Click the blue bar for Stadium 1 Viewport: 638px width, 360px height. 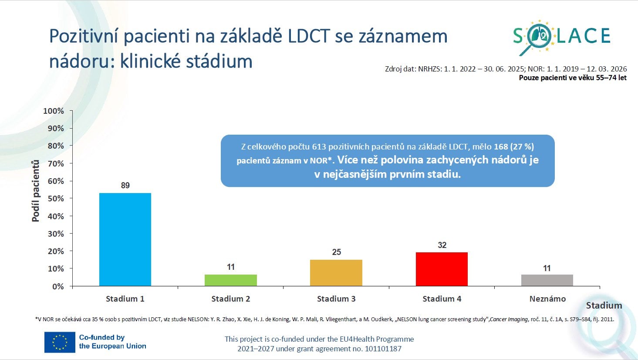pyautogui.click(x=125, y=240)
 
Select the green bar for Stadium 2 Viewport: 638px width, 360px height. pyautogui.click(x=230, y=280)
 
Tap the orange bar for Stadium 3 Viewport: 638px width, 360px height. pyautogui.click(x=336, y=273)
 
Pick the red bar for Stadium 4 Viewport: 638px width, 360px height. pyautogui.click(x=442, y=269)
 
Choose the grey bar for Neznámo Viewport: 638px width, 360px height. pyautogui.click(x=547, y=280)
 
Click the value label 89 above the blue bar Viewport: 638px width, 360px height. pyautogui.click(x=125, y=186)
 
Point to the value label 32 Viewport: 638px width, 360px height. pyautogui.click(x=442, y=245)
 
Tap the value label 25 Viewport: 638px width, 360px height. pyautogui.click(x=337, y=252)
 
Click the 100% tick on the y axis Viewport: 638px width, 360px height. pyautogui.click(x=54, y=111)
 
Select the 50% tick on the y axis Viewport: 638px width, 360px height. pyautogui.click(x=55, y=199)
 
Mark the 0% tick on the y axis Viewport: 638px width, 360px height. pyautogui.click(x=58, y=286)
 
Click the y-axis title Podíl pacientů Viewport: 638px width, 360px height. pyautogui.click(x=36, y=191)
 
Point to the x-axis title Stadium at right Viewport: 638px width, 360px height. pyautogui.click(x=604, y=306)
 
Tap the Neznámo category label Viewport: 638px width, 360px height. pyautogui.click(x=547, y=299)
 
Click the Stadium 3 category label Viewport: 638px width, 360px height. pyautogui.click(x=336, y=299)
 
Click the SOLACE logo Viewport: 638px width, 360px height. pyautogui.click(x=561, y=37)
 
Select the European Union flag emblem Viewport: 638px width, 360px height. pyautogui.click(x=60, y=342)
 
